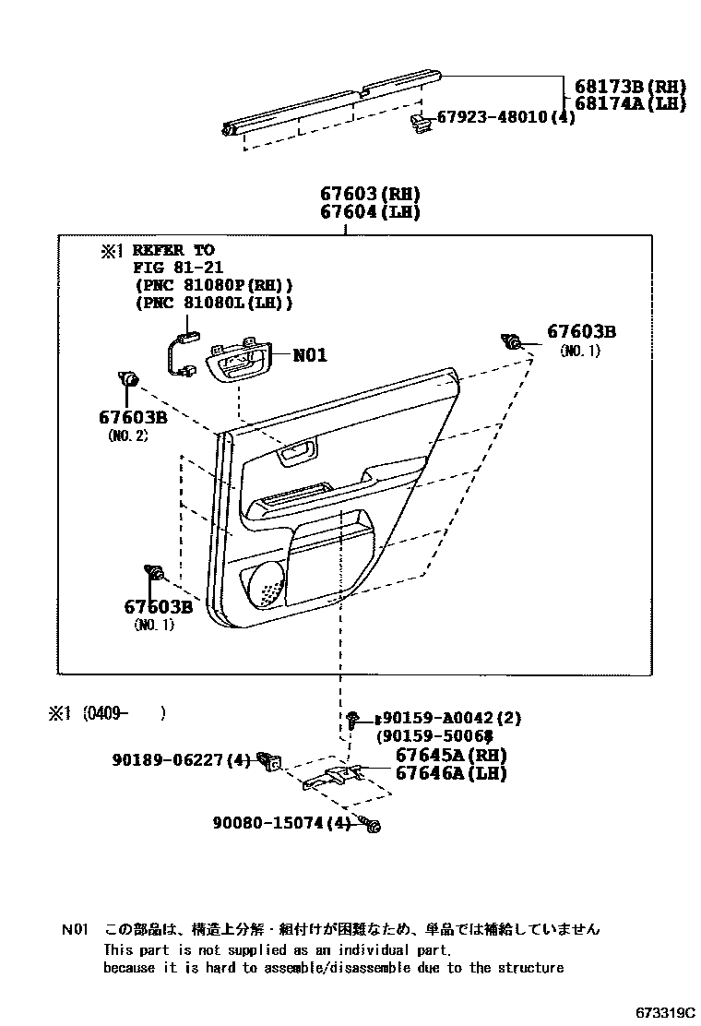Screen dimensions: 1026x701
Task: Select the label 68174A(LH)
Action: [x=631, y=103]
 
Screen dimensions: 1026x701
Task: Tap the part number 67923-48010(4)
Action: [x=505, y=118]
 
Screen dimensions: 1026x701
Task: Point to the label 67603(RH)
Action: [x=370, y=194]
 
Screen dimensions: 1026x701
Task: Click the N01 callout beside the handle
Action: [x=310, y=355]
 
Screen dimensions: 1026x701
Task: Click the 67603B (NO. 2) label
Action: [x=132, y=417]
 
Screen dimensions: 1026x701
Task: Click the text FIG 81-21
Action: [x=173, y=268]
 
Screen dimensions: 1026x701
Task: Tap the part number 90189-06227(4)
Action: [x=181, y=760]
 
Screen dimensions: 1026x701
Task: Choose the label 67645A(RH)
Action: [x=451, y=755]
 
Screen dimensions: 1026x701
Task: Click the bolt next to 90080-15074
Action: [x=371, y=825]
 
